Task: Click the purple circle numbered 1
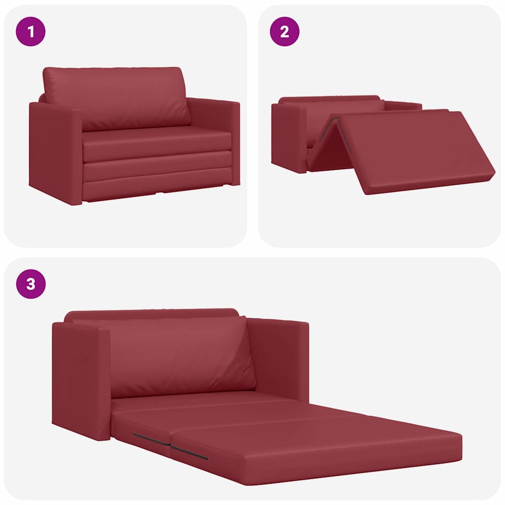[x=31, y=32]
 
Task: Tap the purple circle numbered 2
[x=284, y=32]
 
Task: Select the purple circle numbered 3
[x=31, y=284]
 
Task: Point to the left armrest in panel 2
[x=289, y=136]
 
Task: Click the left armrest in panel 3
[x=81, y=380]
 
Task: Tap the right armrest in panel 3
[x=279, y=358]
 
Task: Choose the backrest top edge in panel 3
[x=153, y=313]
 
